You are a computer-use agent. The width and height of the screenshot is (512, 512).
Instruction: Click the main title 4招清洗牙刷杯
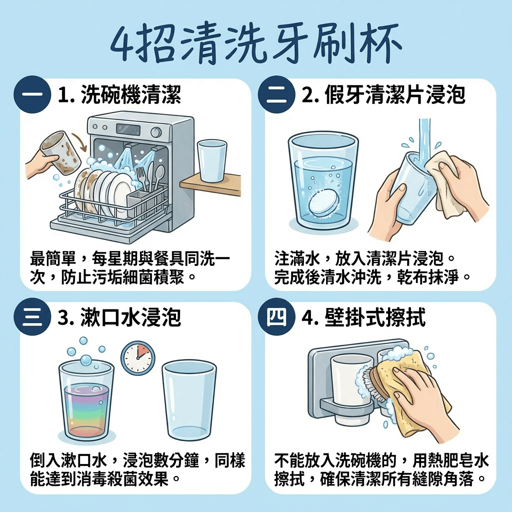point(256,45)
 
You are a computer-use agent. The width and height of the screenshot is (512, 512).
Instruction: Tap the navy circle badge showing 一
point(32,94)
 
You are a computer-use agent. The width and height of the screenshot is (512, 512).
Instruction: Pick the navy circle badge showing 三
point(32,317)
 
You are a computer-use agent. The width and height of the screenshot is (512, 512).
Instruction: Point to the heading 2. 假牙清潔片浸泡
point(383,94)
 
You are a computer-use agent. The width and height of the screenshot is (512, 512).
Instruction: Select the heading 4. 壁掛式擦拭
point(363,317)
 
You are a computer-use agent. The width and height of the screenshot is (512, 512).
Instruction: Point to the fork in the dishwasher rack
point(141,175)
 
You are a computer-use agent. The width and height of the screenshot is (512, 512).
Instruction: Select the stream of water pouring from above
point(424,137)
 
